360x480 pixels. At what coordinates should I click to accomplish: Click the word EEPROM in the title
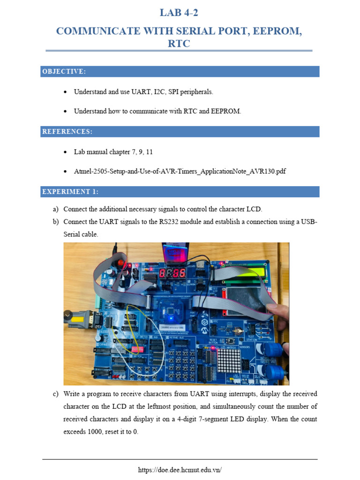point(275,31)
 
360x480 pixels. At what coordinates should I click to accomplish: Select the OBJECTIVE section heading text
point(64,72)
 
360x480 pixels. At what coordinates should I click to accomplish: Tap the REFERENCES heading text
point(67,132)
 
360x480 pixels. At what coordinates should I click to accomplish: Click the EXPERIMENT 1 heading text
point(70,192)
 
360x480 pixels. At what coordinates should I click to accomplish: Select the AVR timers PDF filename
point(180,172)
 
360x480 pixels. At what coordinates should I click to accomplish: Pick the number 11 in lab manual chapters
point(150,152)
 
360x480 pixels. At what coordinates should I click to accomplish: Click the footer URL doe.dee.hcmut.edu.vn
point(180,470)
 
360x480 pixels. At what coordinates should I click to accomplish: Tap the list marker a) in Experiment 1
point(56,209)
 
